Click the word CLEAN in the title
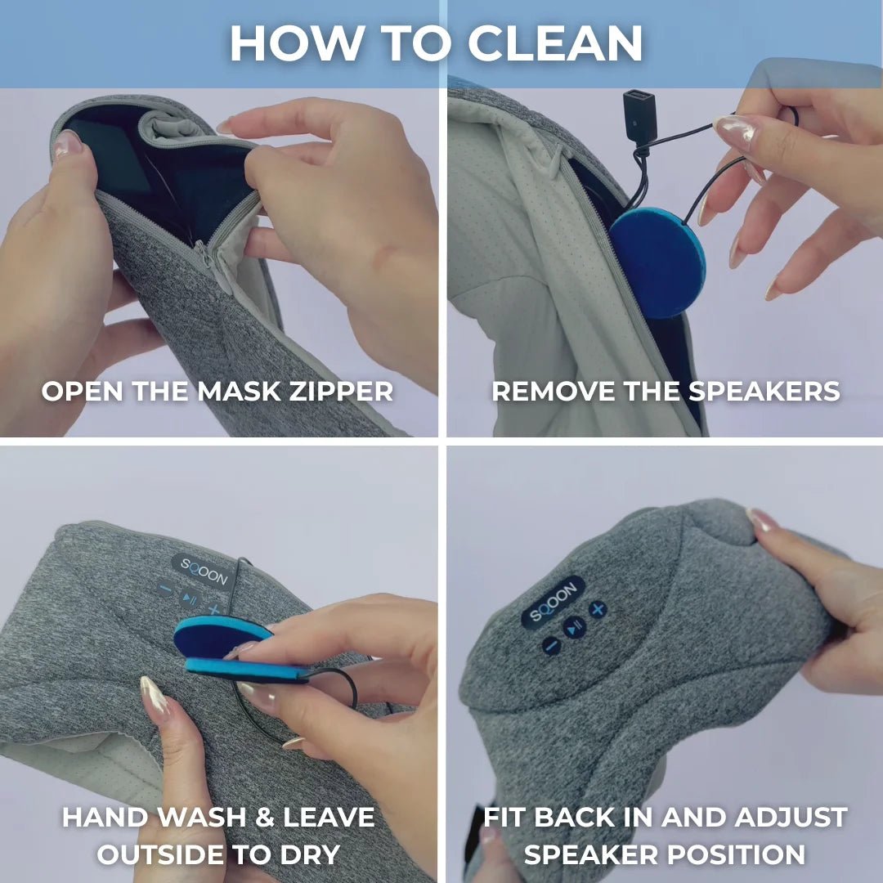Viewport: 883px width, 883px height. (x=555, y=43)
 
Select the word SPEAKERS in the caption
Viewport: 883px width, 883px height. (x=764, y=392)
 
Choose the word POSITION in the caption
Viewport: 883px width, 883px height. (x=734, y=854)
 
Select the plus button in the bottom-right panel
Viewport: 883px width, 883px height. (x=598, y=609)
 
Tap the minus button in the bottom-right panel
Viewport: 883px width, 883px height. (x=551, y=645)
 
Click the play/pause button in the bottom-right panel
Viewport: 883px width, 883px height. (x=575, y=626)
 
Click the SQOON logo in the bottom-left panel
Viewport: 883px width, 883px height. (x=204, y=571)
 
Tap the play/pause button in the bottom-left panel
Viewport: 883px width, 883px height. (x=190, y=598)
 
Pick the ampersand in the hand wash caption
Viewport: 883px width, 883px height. (x=265, y=817)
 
